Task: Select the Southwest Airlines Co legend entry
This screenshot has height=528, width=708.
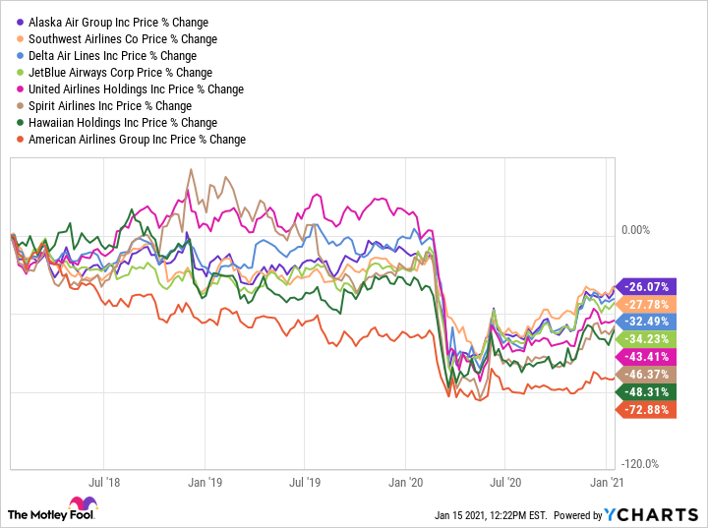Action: pos(123,38)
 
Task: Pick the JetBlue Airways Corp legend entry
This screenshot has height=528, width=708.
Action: pos(120,72)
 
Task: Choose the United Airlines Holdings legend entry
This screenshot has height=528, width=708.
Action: pos(136,88)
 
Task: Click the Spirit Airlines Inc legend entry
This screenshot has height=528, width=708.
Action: pos(110,105)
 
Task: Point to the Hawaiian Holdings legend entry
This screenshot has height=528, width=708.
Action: pos(123,122)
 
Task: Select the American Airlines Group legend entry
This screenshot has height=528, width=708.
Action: pos(137,139)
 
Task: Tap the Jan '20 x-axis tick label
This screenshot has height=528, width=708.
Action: pos(406,483)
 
